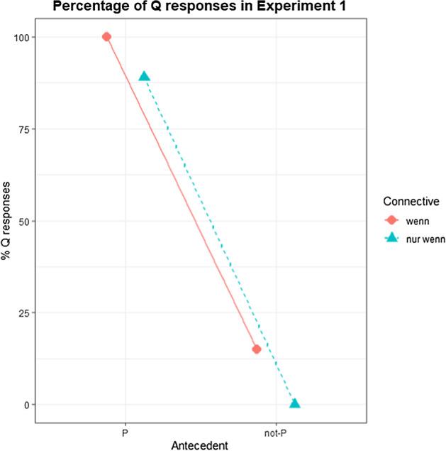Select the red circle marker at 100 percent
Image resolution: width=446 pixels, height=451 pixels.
pyautogui.click(x=106, y=37)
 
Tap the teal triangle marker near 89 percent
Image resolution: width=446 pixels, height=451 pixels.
pyautogui.click(x=144, y=77)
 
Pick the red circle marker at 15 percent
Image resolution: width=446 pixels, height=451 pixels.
pyautogui.click(x=257, y=349)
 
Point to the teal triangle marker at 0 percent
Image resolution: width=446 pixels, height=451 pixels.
pyautogui.click(x=294, y=403)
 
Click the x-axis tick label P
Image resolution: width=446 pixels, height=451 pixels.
pyautogui.click(x=125, y=431)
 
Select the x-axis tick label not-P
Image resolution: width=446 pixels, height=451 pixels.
pyautogui.click(x=275, y=431)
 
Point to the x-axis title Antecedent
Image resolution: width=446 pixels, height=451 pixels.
pyautogui.click(x=199, y=445)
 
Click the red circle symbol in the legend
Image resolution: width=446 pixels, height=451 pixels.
pyautogui.click(x=388, y=221)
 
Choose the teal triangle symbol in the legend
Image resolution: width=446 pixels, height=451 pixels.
pyautogui.click(x=388, y=239)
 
